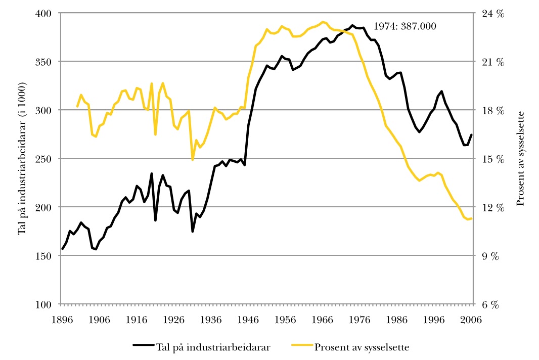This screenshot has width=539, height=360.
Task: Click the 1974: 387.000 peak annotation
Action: coord(404,26)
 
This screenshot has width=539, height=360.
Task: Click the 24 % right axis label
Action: coord(492,14)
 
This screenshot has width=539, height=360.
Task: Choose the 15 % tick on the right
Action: coord(492,159)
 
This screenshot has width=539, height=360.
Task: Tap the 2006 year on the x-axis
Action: coord(472,319)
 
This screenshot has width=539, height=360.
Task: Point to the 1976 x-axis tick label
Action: coord(360,319)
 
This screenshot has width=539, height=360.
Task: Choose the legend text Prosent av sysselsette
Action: coord(362,347)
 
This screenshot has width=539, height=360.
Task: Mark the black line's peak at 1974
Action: coord(353,25)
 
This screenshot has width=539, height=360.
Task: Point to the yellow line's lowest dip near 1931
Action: coord(193,160)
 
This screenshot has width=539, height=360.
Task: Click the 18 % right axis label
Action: coord(492,110)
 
